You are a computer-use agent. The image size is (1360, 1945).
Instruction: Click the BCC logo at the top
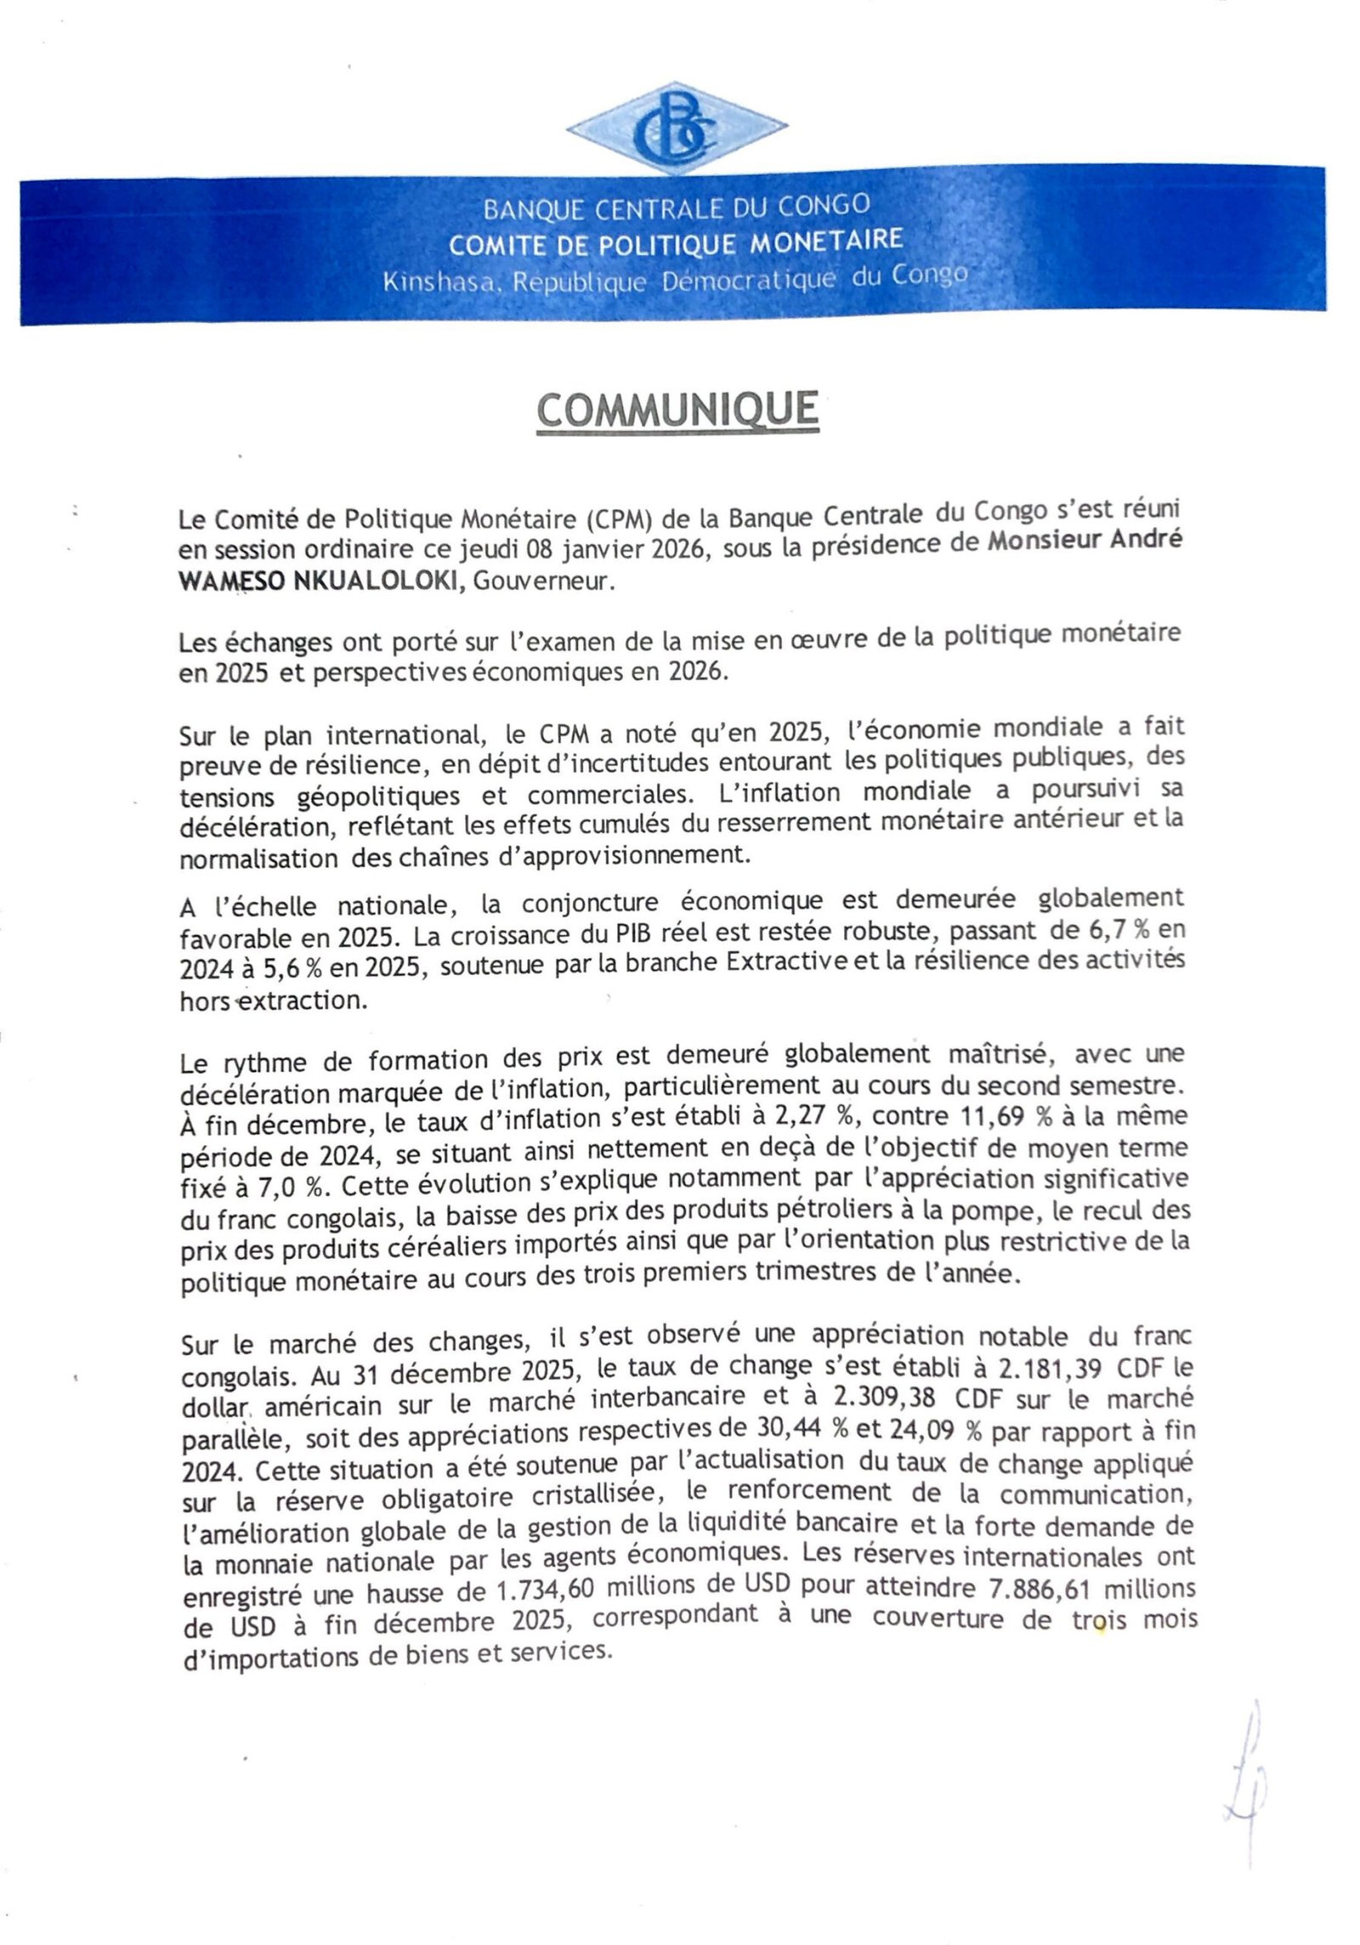click(x=677, y=128)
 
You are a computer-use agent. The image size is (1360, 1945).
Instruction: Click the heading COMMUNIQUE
click(x=677, y=411)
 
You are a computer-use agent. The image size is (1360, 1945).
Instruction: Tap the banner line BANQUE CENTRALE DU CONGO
click(x=677, y=207)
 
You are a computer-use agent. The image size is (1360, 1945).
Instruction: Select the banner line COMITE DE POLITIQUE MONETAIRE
click(x=676, y=243)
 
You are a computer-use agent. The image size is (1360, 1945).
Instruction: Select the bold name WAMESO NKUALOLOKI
click(x=321, y=582)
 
